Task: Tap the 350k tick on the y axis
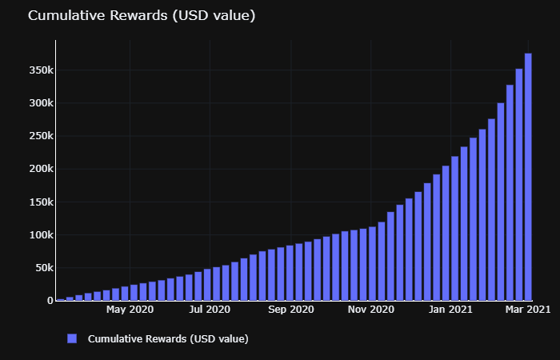pos(38,70)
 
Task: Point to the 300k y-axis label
pos(38,103)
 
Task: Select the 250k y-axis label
pos(38,136)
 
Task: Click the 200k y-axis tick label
pos(38,169)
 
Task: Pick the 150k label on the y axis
pos(38,202)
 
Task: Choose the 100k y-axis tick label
pos(38,235)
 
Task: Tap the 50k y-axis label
pos(41,268)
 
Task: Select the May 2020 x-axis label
pos(130,309)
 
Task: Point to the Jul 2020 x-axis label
pos(210,309)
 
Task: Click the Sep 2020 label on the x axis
pos(290,309)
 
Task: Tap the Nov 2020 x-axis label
pos(371,309)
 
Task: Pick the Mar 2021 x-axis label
pos(527,309)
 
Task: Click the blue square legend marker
pos(72,338)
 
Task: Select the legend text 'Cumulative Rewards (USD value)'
pos(168,338)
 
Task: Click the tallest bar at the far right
pos(528,176)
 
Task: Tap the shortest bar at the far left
pos(61,299)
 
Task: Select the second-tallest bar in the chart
pos(519,184)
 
